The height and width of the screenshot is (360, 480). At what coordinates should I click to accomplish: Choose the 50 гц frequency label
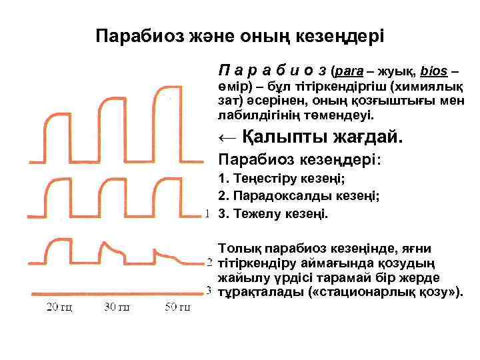pos(177,307)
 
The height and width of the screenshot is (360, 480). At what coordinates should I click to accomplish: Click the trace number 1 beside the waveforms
pos(208,213)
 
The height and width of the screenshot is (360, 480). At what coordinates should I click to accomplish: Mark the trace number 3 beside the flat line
pos(208,291)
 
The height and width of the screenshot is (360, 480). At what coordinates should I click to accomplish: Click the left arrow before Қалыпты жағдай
pos(226,138)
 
